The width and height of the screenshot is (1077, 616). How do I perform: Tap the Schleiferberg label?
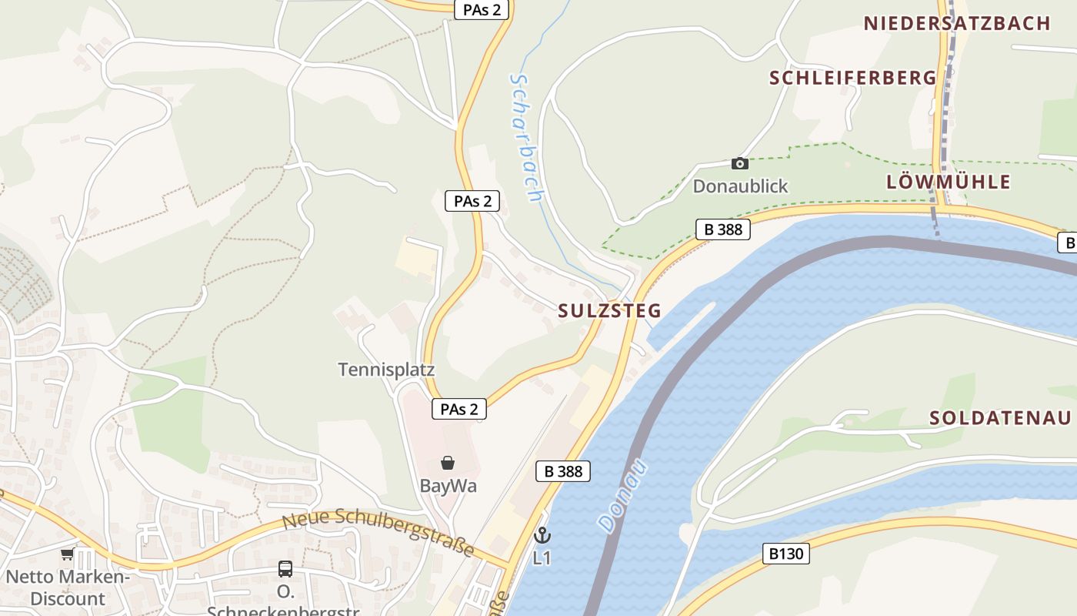853,78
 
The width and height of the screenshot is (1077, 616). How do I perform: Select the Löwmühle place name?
948,182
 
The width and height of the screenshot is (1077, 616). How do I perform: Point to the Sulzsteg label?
609,311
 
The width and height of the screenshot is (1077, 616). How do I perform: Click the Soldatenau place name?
1000,418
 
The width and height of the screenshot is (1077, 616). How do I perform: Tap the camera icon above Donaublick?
739,163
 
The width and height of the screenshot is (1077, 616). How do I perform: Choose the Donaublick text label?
740,186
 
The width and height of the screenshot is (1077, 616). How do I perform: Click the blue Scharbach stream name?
527,138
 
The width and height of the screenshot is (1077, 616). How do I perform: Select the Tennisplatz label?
386,370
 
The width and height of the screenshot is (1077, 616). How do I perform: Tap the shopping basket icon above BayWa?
448,463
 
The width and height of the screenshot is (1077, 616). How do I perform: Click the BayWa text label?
448,486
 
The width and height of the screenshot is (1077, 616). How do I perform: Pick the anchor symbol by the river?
542,534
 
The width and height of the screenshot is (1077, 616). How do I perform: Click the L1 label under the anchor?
542,557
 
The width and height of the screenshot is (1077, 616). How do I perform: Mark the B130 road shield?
787,553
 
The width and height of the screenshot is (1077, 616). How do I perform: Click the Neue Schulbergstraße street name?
378,531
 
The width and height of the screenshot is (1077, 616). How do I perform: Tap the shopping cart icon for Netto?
67,554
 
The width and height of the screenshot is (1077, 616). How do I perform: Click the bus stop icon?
285,569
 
